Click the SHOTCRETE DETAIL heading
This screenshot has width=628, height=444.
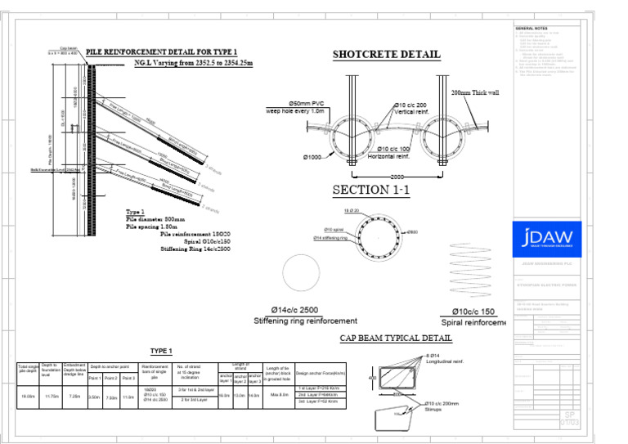click(x=386, y=55)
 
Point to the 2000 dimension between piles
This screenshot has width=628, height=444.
click(x=397, y=176)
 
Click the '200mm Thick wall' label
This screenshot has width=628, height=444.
click(x=475, y=92)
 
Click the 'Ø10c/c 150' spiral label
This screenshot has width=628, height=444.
click(x=473, y=312)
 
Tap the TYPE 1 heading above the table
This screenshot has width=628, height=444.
click(x=161, y=351)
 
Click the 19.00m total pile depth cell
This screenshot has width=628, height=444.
click(x=27, y=397)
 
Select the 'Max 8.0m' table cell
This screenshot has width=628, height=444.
click(x=280, y=395)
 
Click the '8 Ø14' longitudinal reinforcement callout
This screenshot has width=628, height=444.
click(x=433, y=356)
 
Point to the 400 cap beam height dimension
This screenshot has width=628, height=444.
click(x=372, y=379)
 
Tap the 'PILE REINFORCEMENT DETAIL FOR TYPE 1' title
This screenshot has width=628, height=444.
click(x=162, y=52)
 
